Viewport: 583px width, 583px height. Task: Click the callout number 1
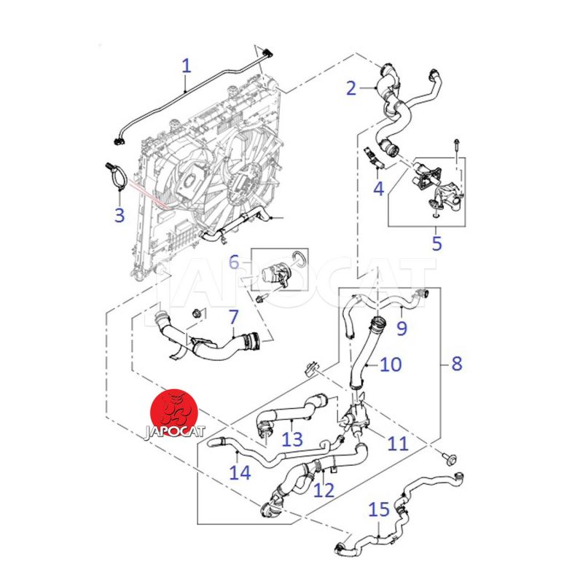pos(186,66)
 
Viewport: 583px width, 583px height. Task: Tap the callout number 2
pos(352,89)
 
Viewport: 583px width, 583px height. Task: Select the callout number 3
pos(120,215)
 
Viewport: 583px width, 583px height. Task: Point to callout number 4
pos(378,189)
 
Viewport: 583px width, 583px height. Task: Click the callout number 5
pos(437,243)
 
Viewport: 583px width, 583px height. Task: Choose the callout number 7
pos(233,318)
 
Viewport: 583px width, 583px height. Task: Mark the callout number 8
pos(457,363)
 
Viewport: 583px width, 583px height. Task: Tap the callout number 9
pos(402,329)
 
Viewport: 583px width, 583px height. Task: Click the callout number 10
pos(391,364)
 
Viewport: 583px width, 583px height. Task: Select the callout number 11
pos(398,442)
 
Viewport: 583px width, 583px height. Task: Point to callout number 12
pos(324,490)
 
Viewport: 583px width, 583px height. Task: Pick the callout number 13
pos(291,439)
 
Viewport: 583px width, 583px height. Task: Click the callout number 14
pos(240,473)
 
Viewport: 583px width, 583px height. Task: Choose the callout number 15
pos(379,509)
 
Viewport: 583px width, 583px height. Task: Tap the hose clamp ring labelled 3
pos(117,178)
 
